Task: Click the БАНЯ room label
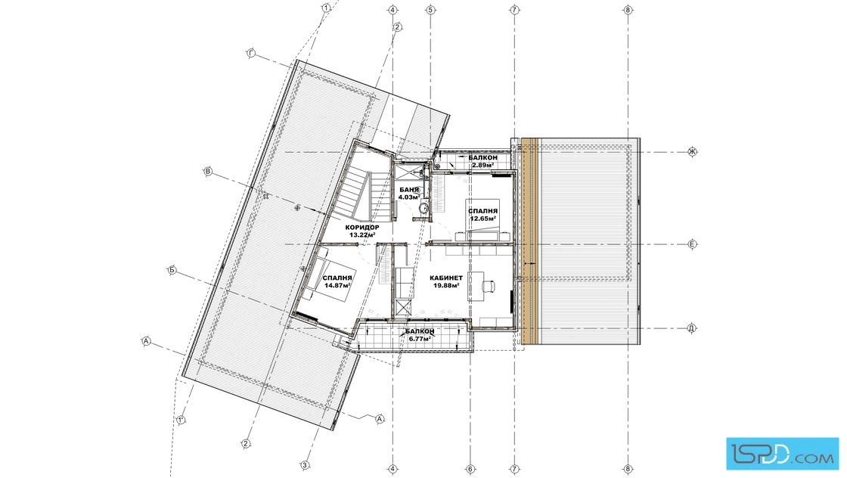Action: click(409, 190)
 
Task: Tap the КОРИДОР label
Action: click(362, 228)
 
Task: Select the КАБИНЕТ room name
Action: click(446, 278)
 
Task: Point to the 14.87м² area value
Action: click(337, 285)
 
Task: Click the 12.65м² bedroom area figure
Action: click(483, 219)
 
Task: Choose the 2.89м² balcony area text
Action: click(483, 165)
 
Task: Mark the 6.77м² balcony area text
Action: click(419, 339)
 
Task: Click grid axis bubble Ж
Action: click(692, 152)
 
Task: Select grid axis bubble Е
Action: click(693, 244)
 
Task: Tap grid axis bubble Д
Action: click(691, 327)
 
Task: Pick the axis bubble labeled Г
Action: click(251, 54)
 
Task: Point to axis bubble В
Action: click(208, 172)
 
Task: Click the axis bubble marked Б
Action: click(172, 270)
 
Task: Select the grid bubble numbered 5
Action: click(430, 10)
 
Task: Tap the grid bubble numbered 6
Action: click(470, 469)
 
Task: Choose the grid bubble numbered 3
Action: click(305, 464)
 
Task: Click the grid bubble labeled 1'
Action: click(181, 420)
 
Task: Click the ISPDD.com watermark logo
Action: click(782, 453)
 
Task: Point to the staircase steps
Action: click(355, 192)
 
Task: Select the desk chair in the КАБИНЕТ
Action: click(489, 284)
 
